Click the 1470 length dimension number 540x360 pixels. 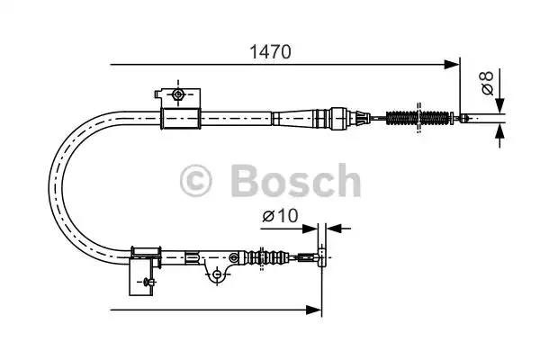point(270,52)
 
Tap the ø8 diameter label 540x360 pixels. point(487,83)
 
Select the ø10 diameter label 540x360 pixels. point(280,216)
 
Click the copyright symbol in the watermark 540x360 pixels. point(195,181)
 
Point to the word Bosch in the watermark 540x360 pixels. point(296,180)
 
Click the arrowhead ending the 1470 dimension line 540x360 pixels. point(452,65)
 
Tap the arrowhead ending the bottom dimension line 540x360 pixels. point(314,310)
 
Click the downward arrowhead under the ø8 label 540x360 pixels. point(499,106)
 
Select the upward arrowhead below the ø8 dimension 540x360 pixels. point(499,131)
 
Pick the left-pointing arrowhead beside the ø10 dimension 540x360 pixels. point(334,228)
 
